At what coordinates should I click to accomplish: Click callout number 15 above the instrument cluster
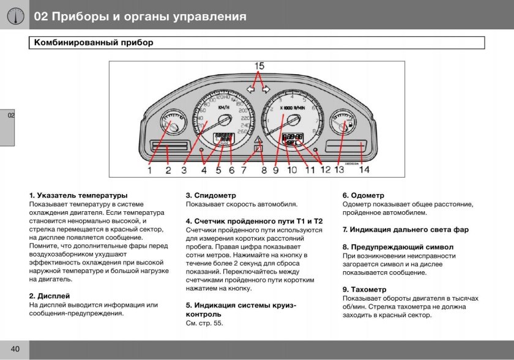click(259, 66)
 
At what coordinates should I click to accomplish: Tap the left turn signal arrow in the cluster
click(250, 89)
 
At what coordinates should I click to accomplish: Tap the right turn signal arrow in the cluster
click(266, 89)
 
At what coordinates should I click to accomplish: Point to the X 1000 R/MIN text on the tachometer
click(292, 108)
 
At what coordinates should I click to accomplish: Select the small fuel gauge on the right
click(341, 125)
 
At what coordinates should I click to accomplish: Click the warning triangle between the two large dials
click(258, 140)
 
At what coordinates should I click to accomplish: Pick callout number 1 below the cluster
click(149, 170)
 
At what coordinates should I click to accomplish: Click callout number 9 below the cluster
click(276, 170)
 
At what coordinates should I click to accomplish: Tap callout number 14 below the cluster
click(365, 170)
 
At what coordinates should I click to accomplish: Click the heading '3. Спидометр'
click(210, 195)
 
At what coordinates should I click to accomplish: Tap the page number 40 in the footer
click(15, 349)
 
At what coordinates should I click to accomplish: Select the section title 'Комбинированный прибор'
click(94, 43)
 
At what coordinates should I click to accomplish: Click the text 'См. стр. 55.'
click(204, 323)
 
